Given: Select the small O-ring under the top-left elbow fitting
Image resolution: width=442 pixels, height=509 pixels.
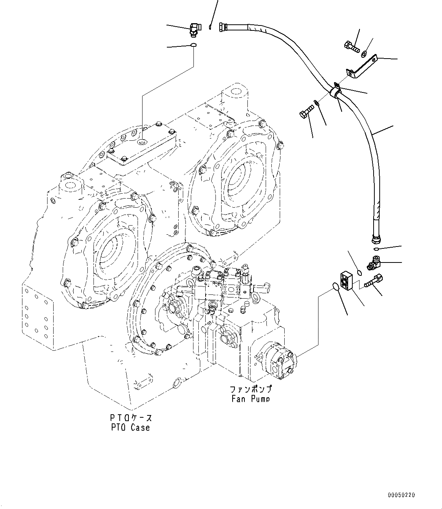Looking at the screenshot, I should click(193, 46).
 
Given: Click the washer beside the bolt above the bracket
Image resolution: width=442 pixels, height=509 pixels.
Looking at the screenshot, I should click(364, 53).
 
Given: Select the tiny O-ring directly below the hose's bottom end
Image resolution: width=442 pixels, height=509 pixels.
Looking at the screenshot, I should click(376, 249).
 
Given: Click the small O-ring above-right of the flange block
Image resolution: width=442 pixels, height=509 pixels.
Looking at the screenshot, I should click(359, 272).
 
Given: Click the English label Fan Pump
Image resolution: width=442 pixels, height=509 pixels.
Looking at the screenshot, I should click(250, 398).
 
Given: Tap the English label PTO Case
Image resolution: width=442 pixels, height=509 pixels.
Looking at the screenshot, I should click(130, 427).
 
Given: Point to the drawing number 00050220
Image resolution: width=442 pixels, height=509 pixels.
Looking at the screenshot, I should click(401, 495).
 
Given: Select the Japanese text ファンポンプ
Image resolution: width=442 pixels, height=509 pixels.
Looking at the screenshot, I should click(250, 390).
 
